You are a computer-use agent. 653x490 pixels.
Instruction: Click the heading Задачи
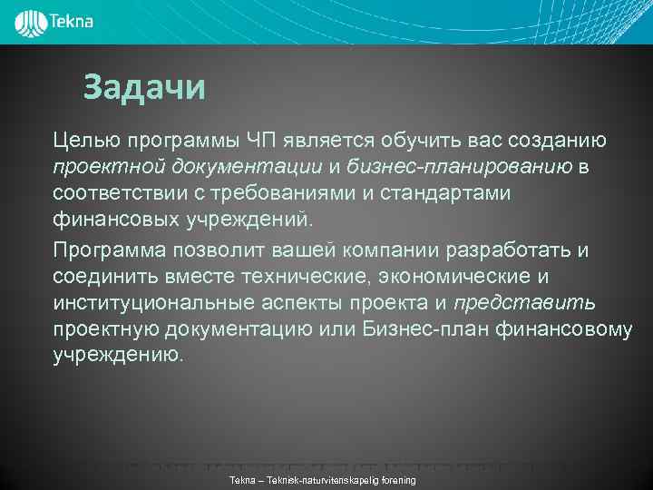144,88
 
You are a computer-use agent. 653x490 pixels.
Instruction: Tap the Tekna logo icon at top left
31,21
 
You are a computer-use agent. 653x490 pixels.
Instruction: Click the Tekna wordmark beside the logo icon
73,20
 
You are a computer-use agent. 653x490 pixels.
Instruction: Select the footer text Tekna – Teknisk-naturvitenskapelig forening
323,479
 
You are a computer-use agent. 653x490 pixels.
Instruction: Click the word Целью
83,141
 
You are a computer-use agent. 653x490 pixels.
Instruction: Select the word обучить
418,141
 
